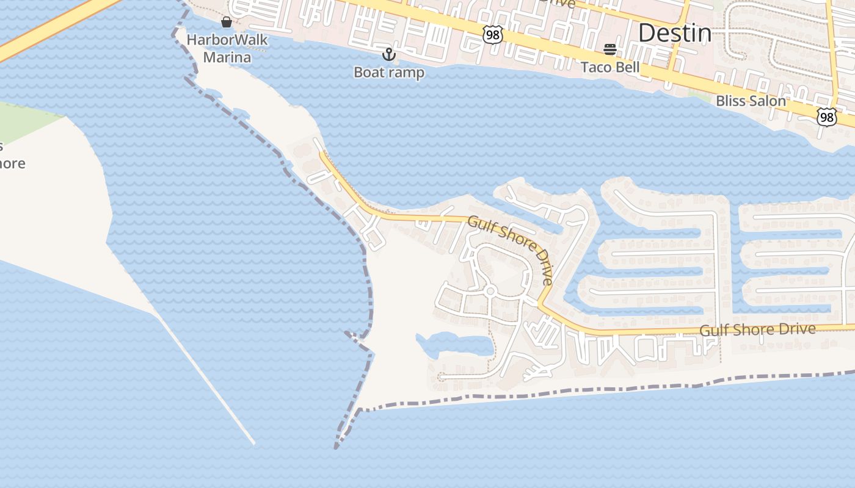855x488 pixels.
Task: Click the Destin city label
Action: click(674, 33)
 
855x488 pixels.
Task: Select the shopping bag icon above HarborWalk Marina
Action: click(227, 23)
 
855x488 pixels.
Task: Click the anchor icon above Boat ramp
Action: click(388, 54)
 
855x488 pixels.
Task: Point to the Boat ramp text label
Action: click(389, 72)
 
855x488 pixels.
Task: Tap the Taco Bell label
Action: click(610, 67)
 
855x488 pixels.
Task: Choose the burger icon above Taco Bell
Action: click(610, 49)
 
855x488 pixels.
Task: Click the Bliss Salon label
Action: click(751, 101)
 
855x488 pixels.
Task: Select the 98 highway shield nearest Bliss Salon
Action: click(826, 117)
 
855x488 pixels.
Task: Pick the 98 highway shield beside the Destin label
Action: click(492, 35)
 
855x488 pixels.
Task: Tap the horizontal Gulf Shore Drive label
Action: click(757, 330)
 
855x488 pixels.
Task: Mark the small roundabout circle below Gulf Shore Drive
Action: click(489, 292)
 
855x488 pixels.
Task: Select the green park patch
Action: click(24, 122)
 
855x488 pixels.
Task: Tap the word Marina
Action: click(227, 57)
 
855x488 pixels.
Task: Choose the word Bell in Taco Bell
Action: click(627, 67)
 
